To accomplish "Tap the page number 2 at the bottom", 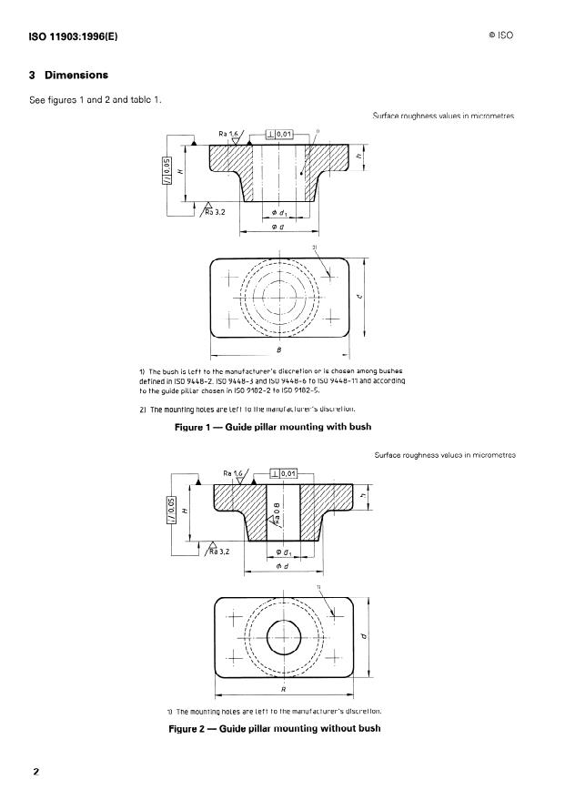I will click(36, 772).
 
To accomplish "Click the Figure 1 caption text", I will click(273, 427).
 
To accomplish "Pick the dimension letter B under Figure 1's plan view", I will click(278, 347).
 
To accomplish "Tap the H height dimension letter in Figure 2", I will click(186, 511).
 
